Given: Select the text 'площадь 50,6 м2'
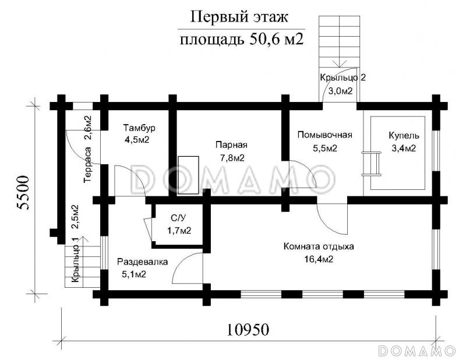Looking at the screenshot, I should click(x=240, y=40).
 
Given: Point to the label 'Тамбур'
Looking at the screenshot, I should click(x=139, y=127).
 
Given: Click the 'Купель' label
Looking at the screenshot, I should click(x=404, y=136).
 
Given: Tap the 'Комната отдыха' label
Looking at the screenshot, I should click(x=318, y=246).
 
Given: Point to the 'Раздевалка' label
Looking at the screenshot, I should click(x=142, y=262).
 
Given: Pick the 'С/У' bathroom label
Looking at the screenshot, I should click(x=178, y=218).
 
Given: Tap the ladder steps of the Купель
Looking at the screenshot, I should click(x=366, y=163).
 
